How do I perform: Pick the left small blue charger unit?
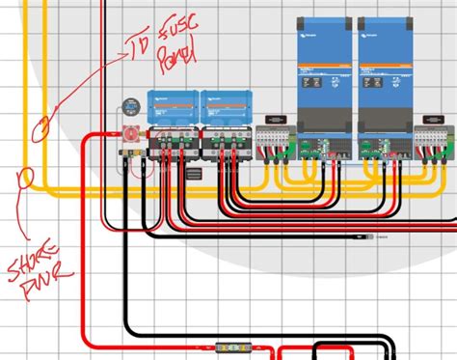coord(172,107)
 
